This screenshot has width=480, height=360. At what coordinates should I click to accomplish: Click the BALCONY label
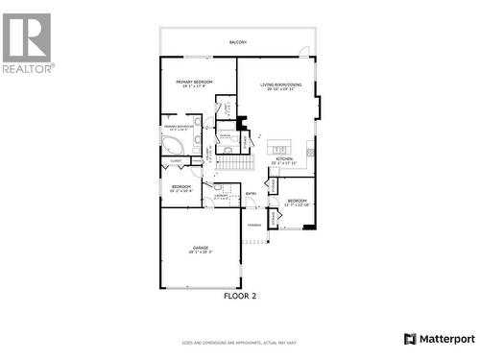[237, 42]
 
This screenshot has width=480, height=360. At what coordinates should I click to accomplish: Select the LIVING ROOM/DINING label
[278, 84]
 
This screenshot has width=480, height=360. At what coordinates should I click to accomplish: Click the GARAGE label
[201, 248]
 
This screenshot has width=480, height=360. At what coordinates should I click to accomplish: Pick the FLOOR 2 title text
[240, 296]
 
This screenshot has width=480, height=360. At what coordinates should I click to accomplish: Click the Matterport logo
[439, 339]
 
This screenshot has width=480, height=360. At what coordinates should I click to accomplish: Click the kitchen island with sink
[280, 148]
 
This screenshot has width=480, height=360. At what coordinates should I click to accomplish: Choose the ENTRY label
[251, 194]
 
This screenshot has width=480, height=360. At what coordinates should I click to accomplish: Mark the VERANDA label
[254, 225]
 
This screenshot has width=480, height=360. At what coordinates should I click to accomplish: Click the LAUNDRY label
[221, 195]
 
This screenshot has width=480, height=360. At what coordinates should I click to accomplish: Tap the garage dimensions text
[201, 252]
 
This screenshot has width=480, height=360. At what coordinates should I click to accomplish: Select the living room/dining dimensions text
[278, 89]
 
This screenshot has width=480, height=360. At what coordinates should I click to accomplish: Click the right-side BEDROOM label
[297, 200]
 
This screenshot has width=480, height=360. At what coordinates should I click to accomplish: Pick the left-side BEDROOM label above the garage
[181, 186]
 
